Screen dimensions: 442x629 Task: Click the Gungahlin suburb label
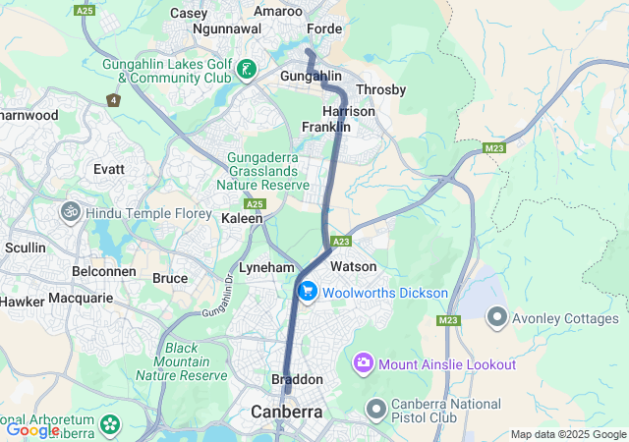[311, 76]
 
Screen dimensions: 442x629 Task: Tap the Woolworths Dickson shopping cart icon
[308, 291]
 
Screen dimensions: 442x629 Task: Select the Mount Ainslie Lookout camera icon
[364, 364]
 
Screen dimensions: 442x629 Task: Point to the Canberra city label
[287, 412]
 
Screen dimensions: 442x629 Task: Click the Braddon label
[297, 379]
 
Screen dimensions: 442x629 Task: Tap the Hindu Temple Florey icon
[70, 210]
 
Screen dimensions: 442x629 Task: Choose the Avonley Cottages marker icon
[497, 318]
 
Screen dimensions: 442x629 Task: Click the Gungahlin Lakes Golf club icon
[246, 70]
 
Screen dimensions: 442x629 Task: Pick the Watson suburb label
[353, 266]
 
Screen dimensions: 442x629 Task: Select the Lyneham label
[266, 267]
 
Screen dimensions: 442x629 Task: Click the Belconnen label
[102, 270]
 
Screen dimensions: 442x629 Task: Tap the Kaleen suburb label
[242, 218]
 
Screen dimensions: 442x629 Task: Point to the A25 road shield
[256, 203]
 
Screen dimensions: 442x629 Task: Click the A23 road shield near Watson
[342, 242]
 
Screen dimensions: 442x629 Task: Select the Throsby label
[380, 89]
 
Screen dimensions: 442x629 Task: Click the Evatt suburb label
[108, 169]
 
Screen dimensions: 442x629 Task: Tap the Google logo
[33, 429]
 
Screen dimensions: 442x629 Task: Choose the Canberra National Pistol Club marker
[375, 408]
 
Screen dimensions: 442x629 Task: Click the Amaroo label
[278, 11]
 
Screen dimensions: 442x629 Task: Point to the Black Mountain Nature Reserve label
[182, 361]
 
